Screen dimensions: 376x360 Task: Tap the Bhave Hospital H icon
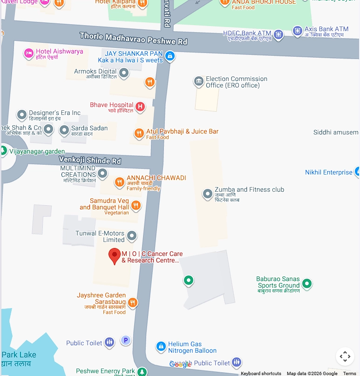pos(140,107)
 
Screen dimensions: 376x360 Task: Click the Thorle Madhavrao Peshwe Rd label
pos(133,38)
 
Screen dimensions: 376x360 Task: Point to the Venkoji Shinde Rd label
pos(90,160)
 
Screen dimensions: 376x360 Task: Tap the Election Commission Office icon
pos(199,82)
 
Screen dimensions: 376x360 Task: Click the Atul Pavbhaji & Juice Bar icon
pos(139,134)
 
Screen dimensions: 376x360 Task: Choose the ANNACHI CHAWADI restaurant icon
pos(120,182)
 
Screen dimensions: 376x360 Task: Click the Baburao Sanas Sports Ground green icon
pos(306,283)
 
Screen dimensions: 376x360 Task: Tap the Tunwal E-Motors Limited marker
pos(132,236)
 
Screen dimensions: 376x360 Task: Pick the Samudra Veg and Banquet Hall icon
pos(136,205)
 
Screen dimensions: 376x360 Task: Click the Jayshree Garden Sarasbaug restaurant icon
pos(133,302)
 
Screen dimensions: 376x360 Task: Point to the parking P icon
pos(126,341)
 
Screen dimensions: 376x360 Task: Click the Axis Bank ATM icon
pos(298,31)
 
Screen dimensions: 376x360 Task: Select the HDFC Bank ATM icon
pos(278,34)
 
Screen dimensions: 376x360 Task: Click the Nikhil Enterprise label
pos(329,172)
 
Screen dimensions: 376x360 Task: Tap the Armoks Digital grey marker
pos(124,73)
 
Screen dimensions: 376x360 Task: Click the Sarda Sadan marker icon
pos(64,131)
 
